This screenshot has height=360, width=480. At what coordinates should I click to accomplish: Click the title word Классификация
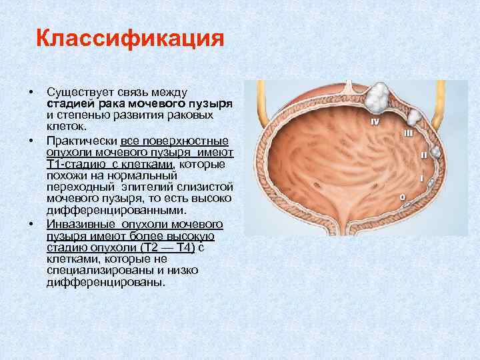pos(129,38)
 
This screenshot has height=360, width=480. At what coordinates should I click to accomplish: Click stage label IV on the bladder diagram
pos(375,121)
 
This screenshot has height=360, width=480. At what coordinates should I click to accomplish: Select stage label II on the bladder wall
pos(423,155)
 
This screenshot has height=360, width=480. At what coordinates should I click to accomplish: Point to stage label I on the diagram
pos(421,179)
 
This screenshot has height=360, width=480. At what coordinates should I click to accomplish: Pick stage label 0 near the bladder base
pos(402,197)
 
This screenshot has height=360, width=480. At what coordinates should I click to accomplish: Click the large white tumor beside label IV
pos(381,99)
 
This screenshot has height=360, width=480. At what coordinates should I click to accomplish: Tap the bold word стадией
pos(69,105)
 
